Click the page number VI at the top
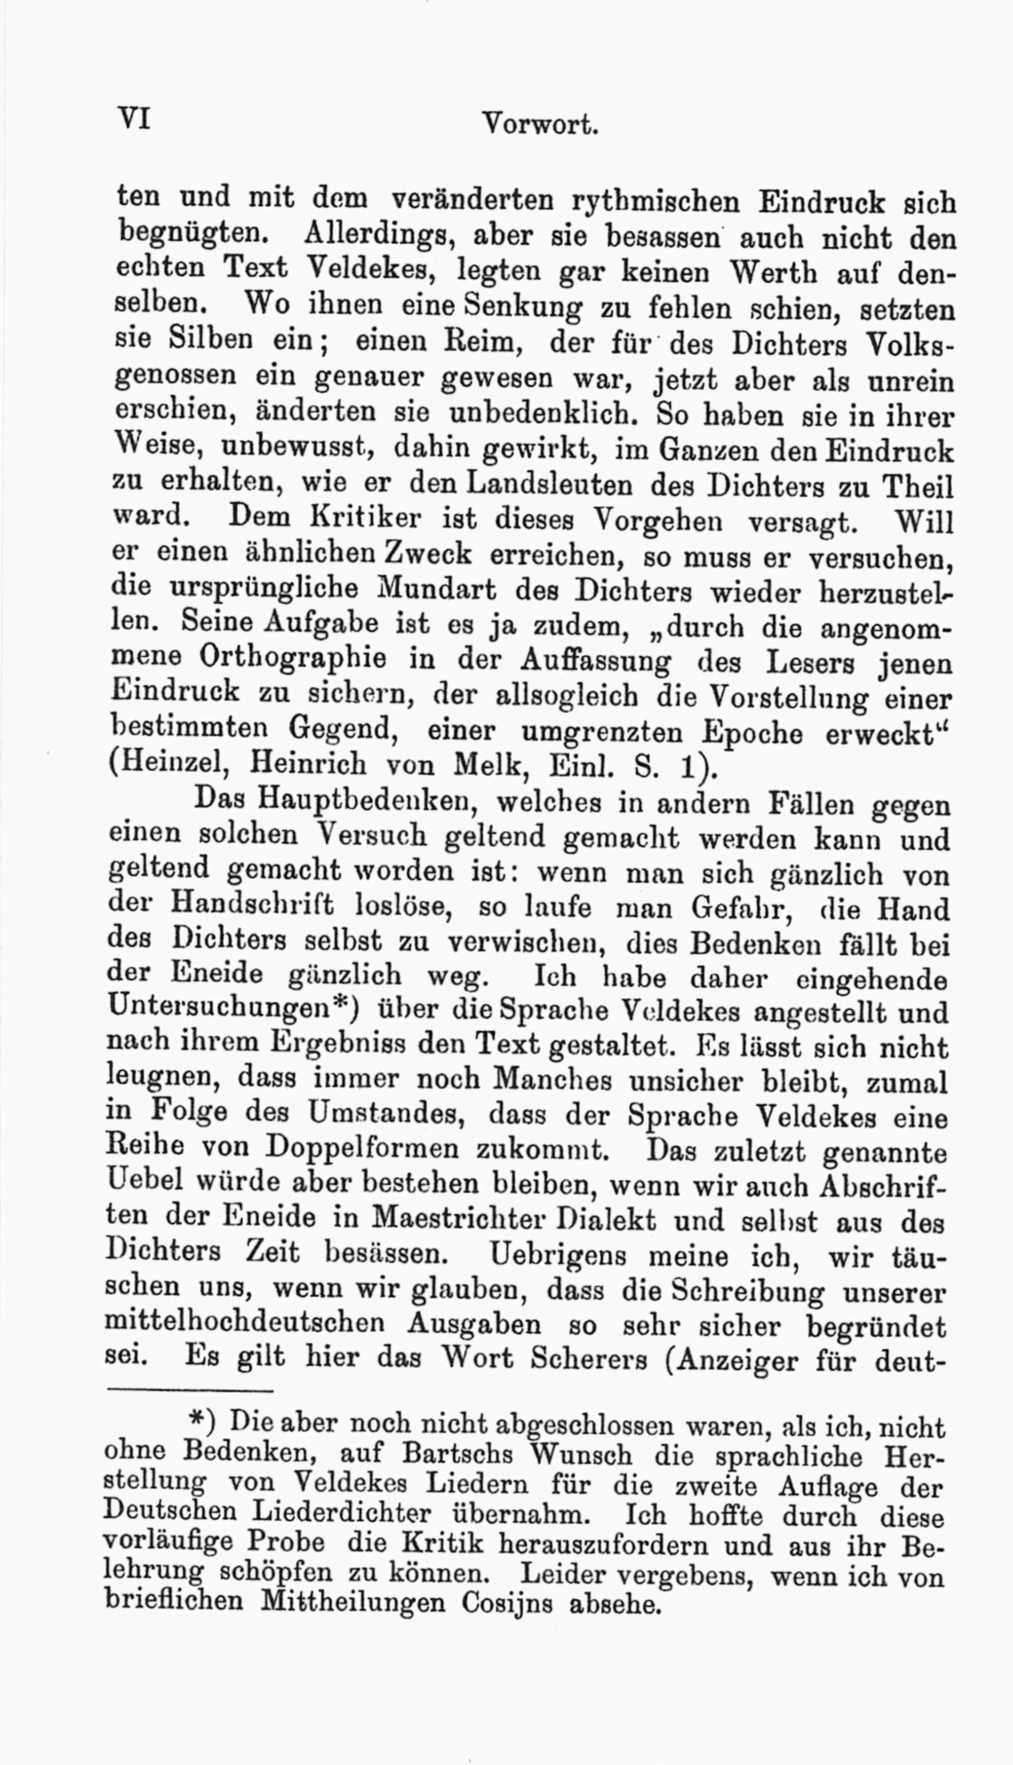pyautogui.click(x=134, y=118)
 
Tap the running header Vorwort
pyautogui.click(x=540, y=125)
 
